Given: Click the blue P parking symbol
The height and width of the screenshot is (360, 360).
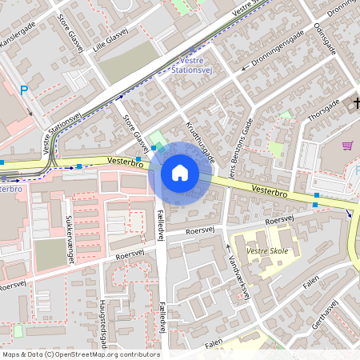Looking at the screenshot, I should [x=24, y=90].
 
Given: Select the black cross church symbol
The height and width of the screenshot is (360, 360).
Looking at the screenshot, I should [x=356, y=102].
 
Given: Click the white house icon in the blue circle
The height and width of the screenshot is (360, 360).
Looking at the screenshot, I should [x=180, y=173].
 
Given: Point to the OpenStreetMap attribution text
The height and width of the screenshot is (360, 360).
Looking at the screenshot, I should [x=80, y=354].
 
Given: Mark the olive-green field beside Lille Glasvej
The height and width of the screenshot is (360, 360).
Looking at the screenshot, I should [x=127, y=62].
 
